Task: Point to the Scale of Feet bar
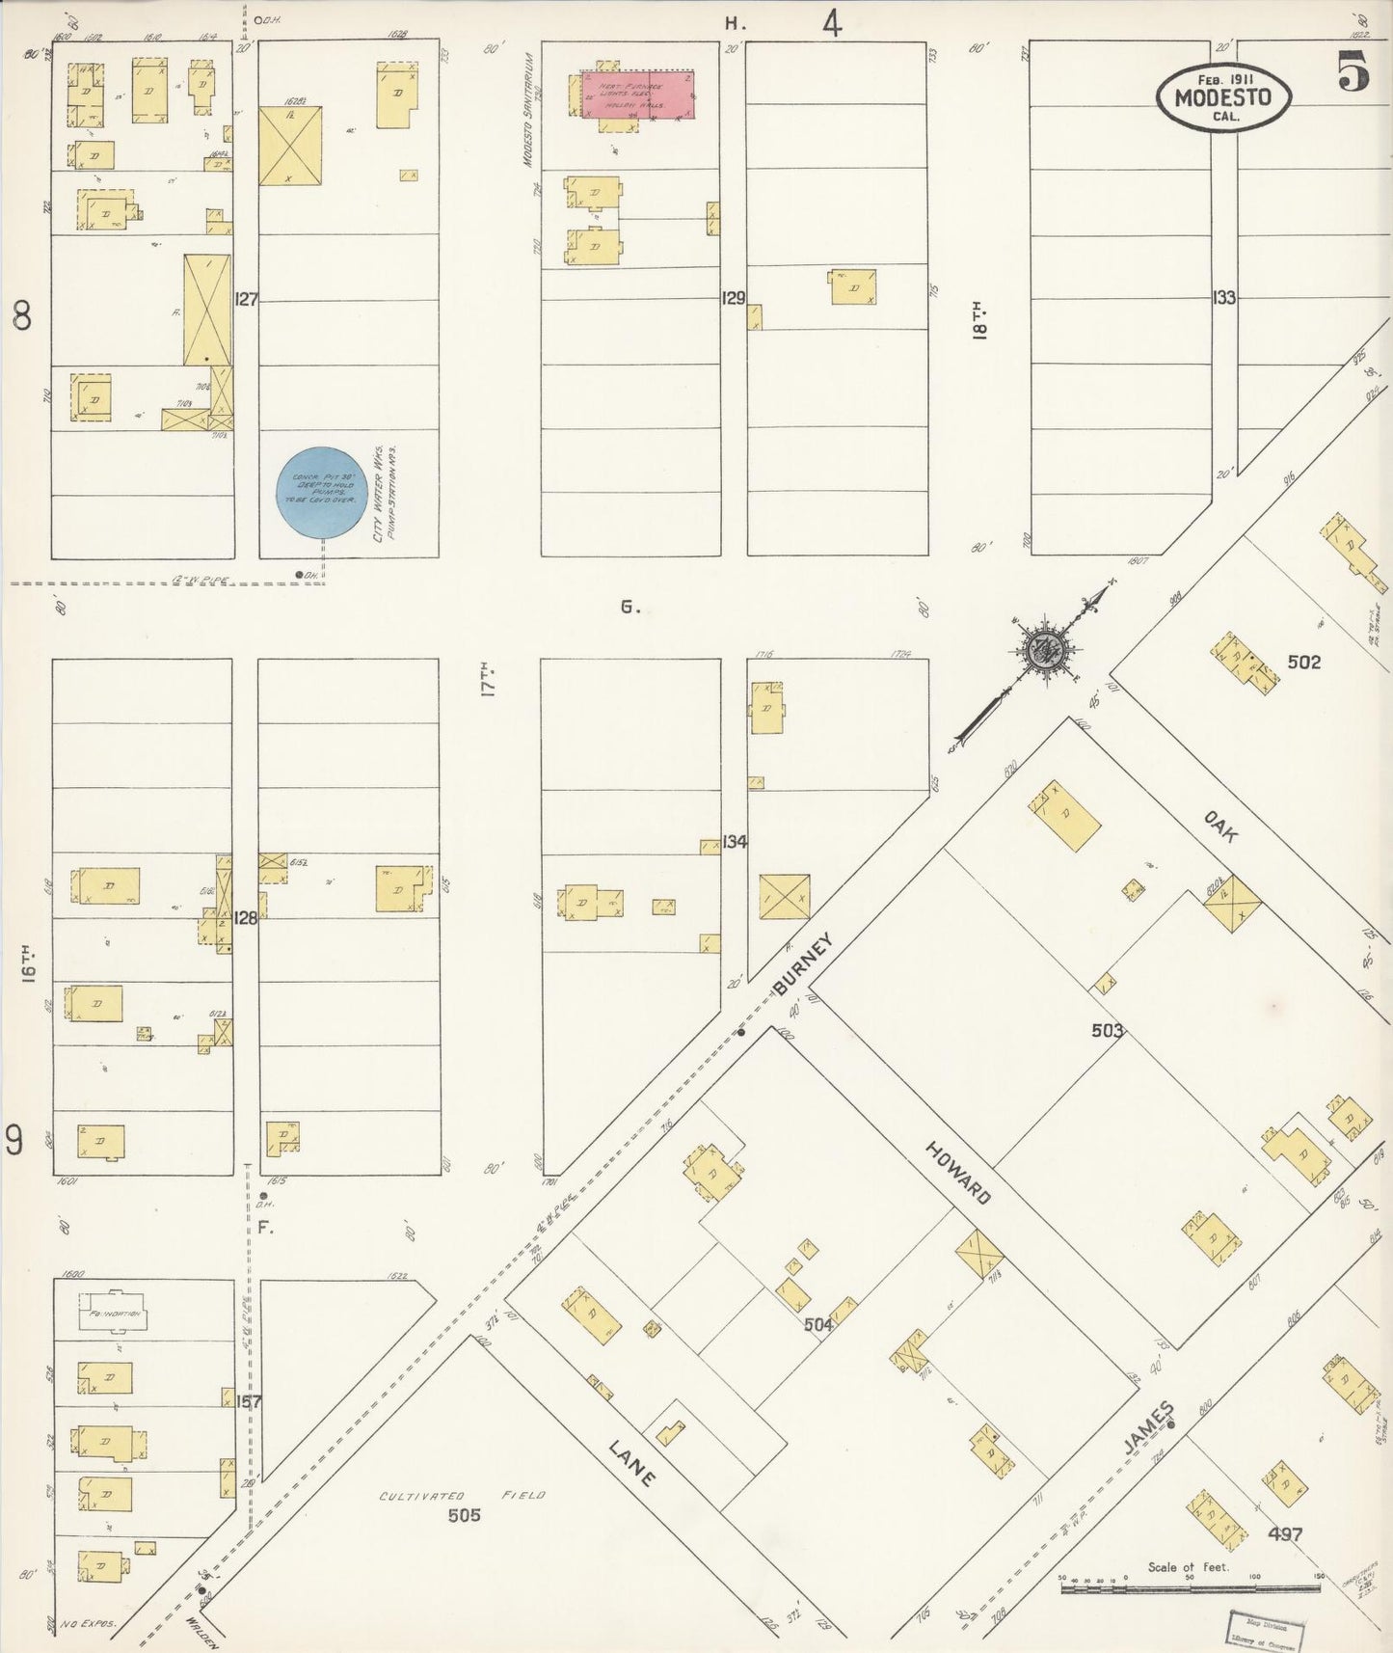[x=1191, y=1586]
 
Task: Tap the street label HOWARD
[x=958, y=1171]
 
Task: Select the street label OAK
[x=1219, y=826]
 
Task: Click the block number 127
[x=247, y=300]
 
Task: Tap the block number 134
[x=735, y=842]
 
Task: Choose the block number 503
[x=1107, y=1030]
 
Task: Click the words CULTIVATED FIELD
[x=462, y=1496]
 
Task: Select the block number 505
[x=464, y=1515]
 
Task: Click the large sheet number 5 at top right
[x=1353, y=73]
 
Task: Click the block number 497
[x=1285, y=1533]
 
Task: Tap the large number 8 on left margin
[x=21, y=316]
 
